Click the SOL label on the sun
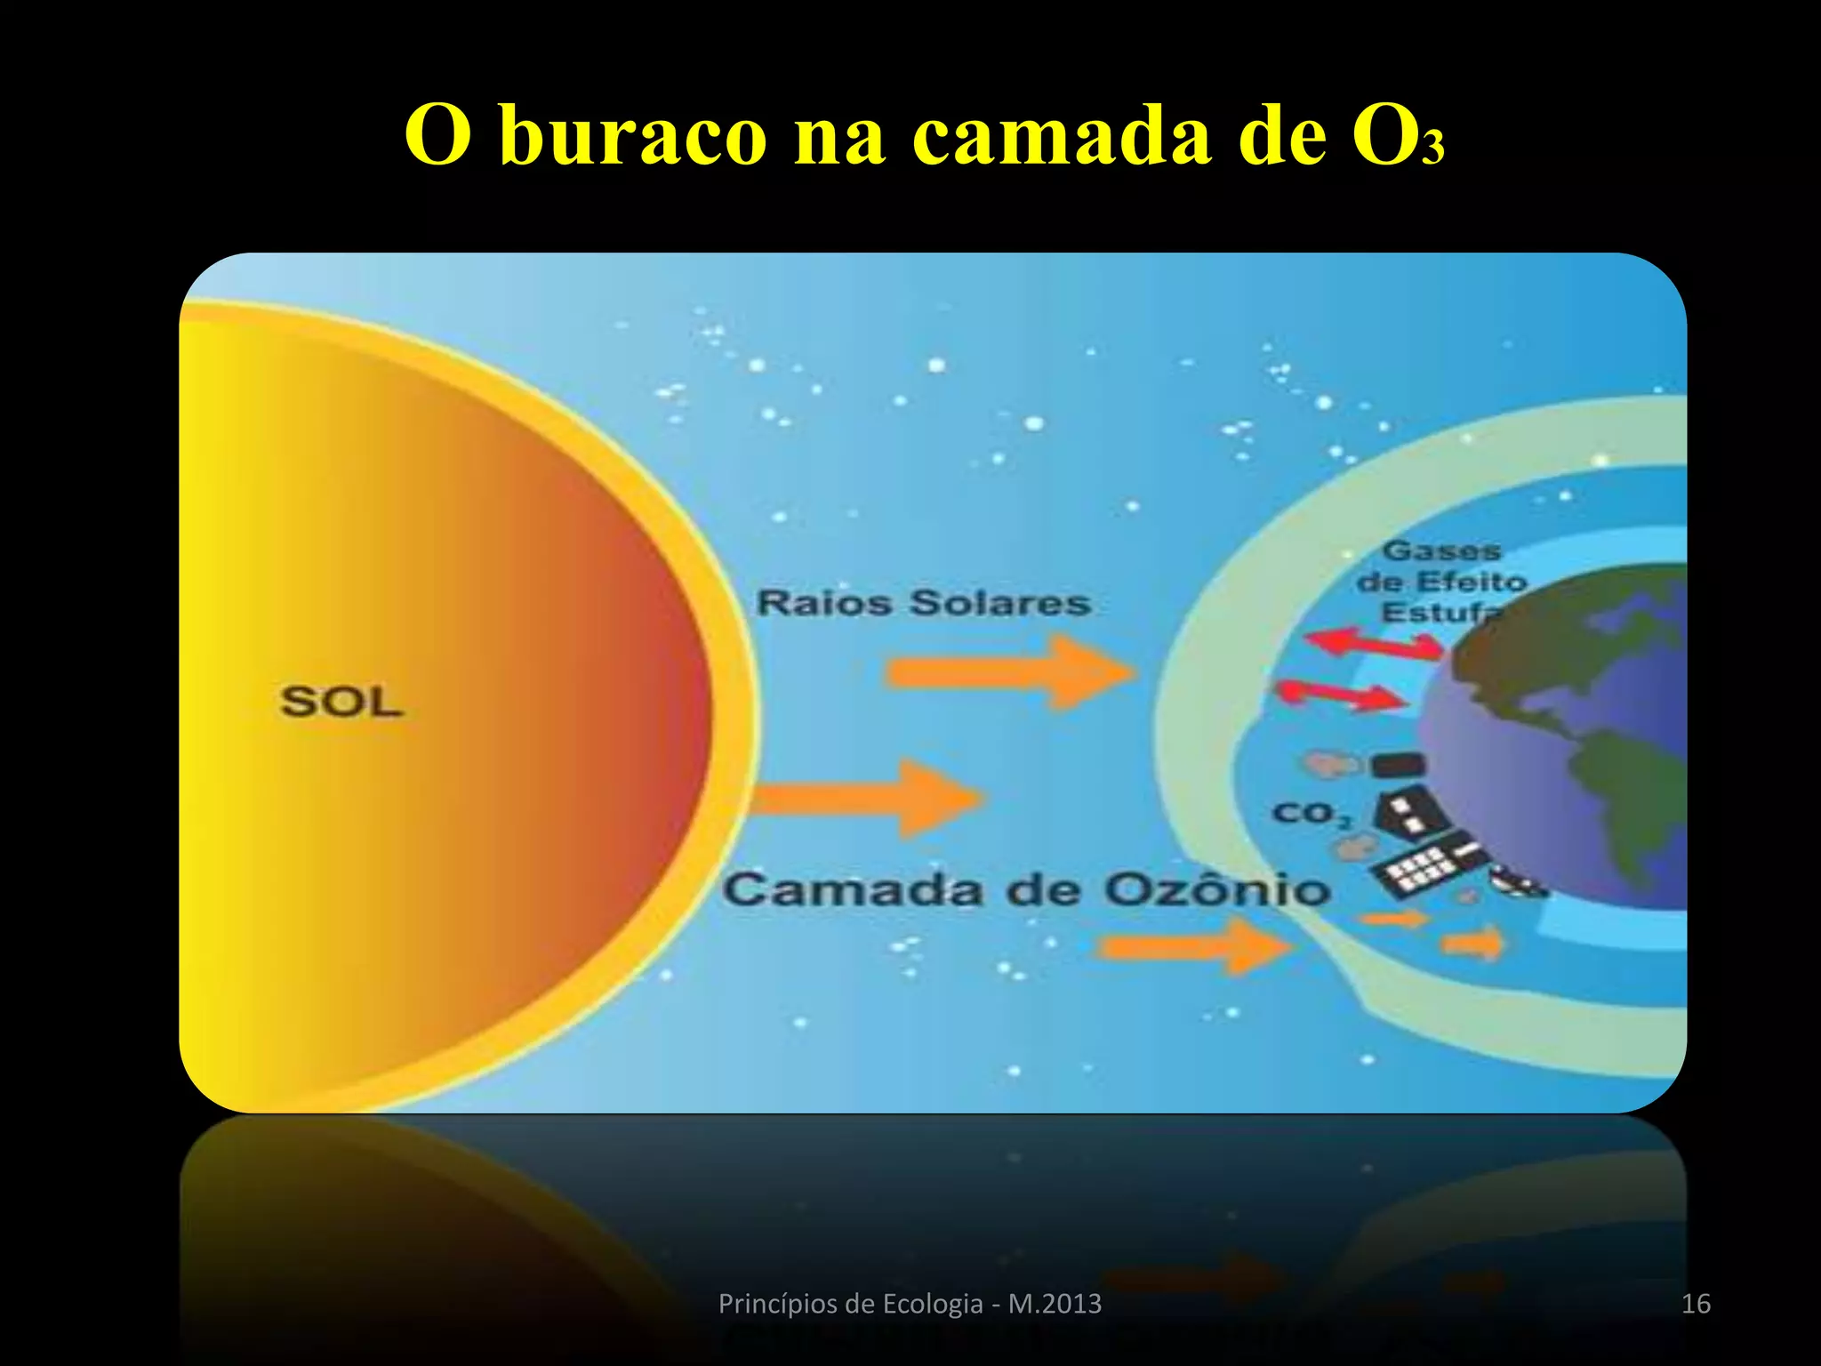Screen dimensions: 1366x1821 (341, 702)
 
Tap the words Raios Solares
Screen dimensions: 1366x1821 (923, 603)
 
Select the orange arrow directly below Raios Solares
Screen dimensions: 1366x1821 (1009, 672)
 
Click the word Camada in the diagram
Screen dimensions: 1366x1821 (853, 890)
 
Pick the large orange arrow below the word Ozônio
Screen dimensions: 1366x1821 (1196, 946)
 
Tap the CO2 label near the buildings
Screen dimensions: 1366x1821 (1311, 813)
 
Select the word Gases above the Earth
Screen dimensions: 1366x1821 (1441, 551)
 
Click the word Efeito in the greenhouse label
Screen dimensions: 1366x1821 (1471, 583)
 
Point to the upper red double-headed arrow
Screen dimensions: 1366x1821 (1374, 642)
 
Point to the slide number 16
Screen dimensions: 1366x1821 (1696, 1304)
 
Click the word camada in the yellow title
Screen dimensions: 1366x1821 (1062, 135)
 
